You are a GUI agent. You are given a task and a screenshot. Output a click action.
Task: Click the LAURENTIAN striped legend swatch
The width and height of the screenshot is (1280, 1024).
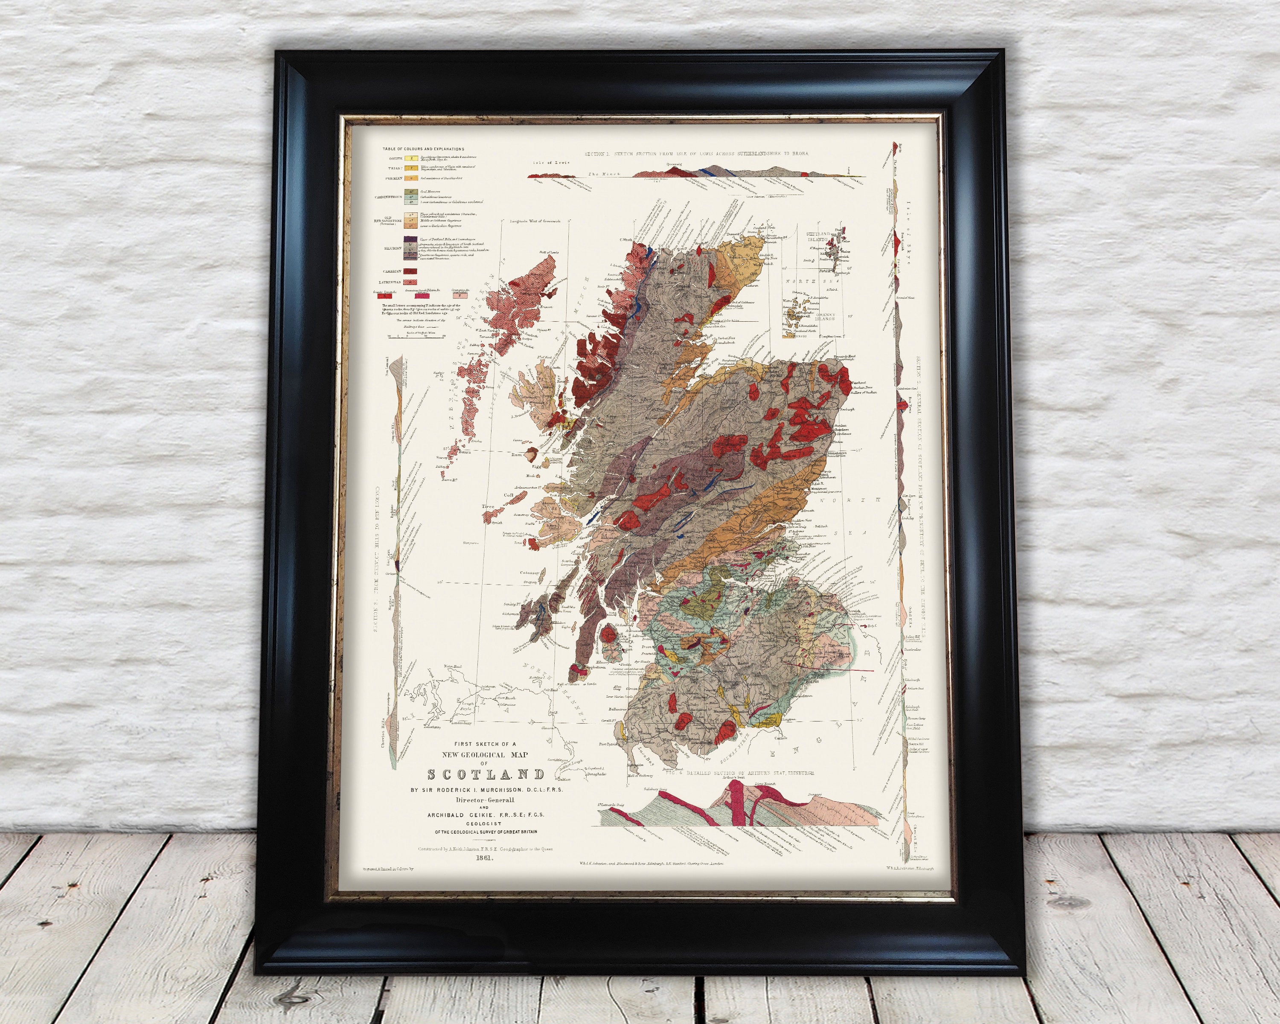410,282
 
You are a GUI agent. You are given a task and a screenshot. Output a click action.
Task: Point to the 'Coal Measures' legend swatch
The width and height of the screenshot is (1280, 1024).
410,192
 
